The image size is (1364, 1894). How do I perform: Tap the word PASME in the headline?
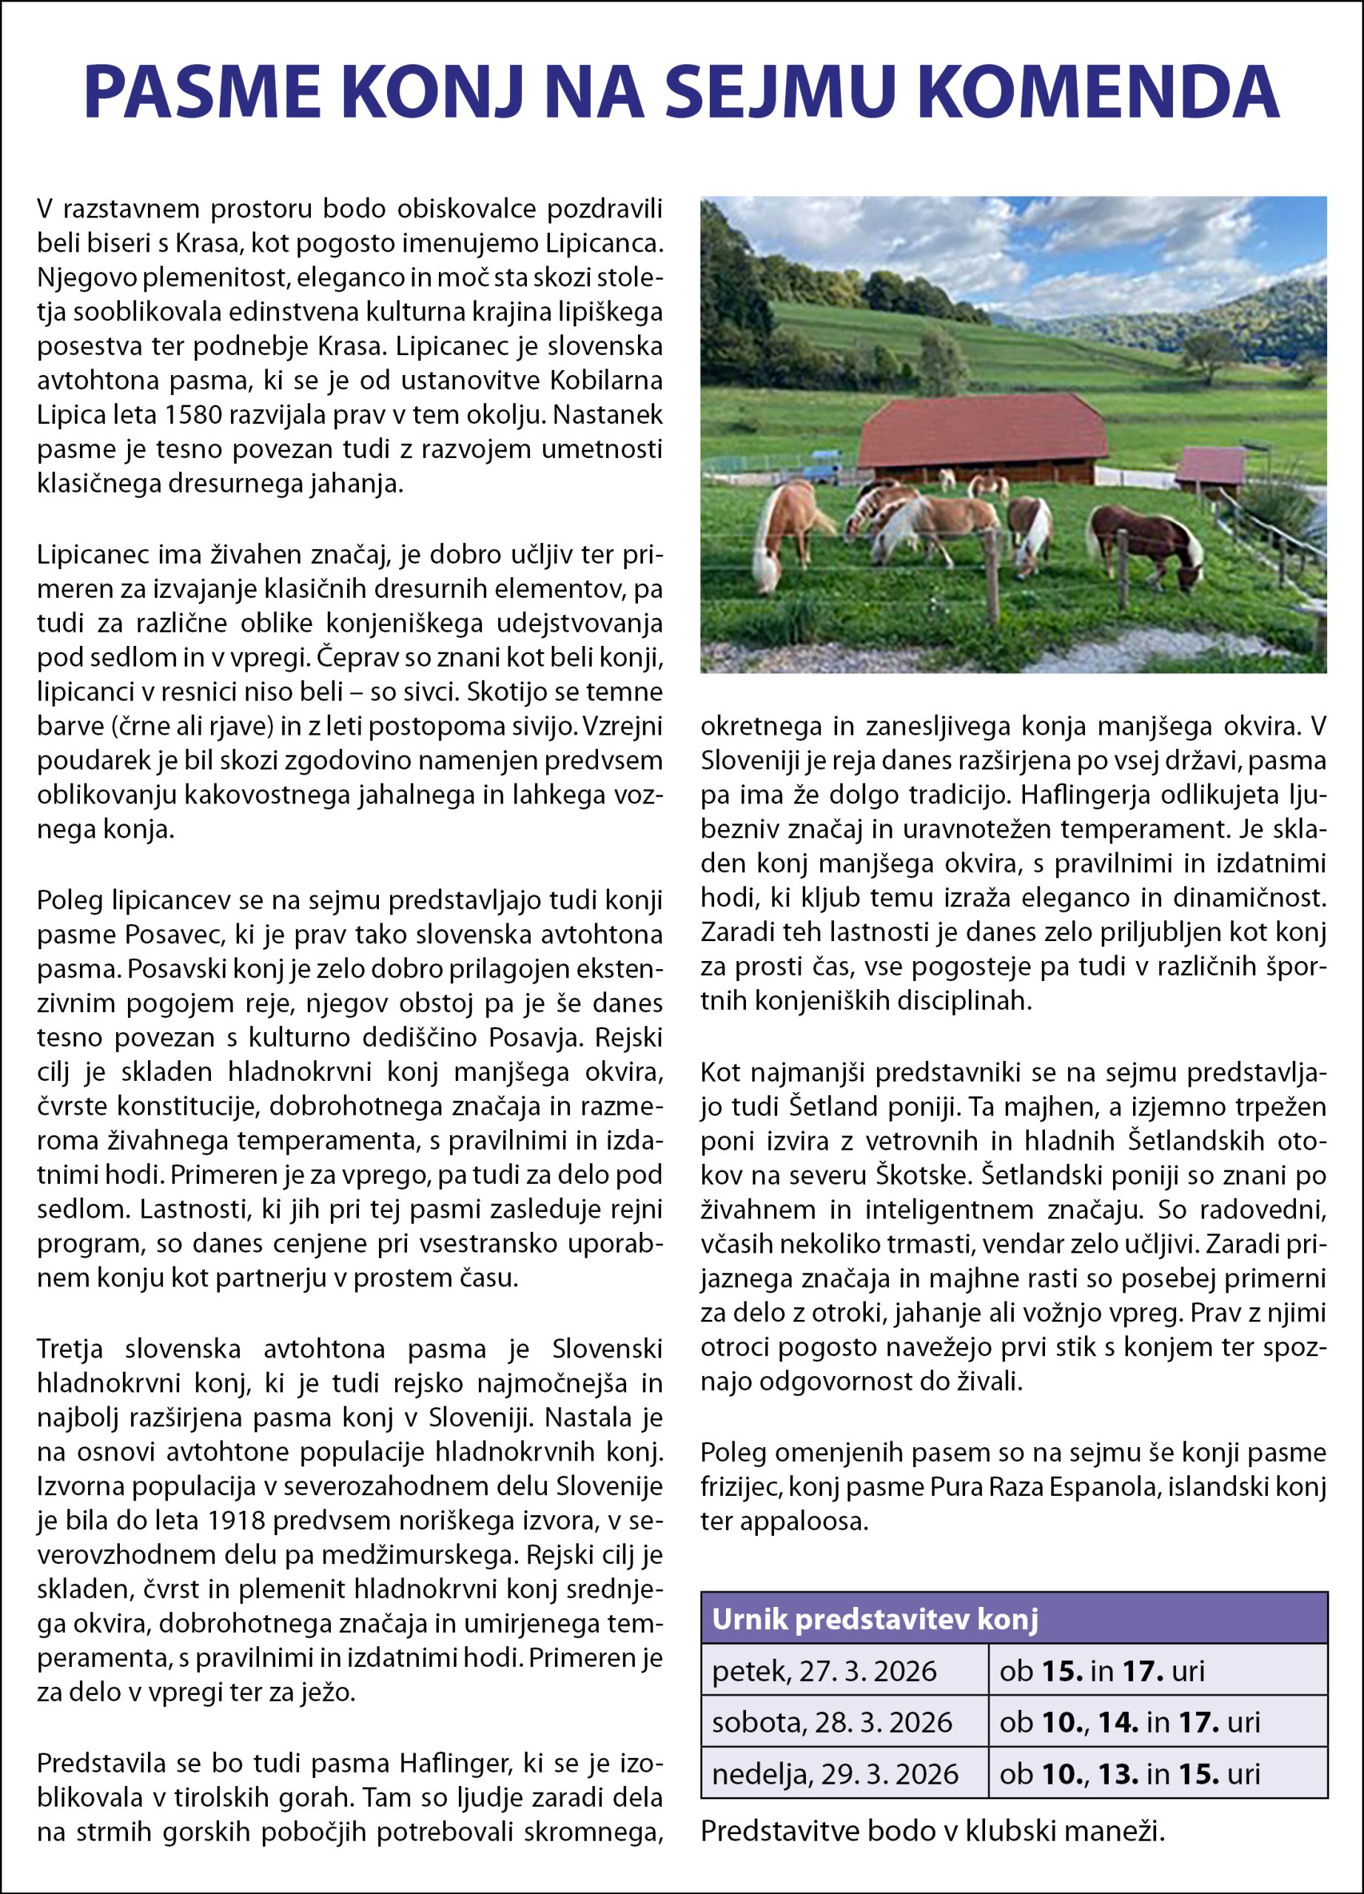pos(202,92)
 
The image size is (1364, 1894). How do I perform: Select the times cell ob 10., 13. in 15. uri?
pos(1129,1773)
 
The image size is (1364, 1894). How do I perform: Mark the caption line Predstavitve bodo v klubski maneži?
pos(931,1830)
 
